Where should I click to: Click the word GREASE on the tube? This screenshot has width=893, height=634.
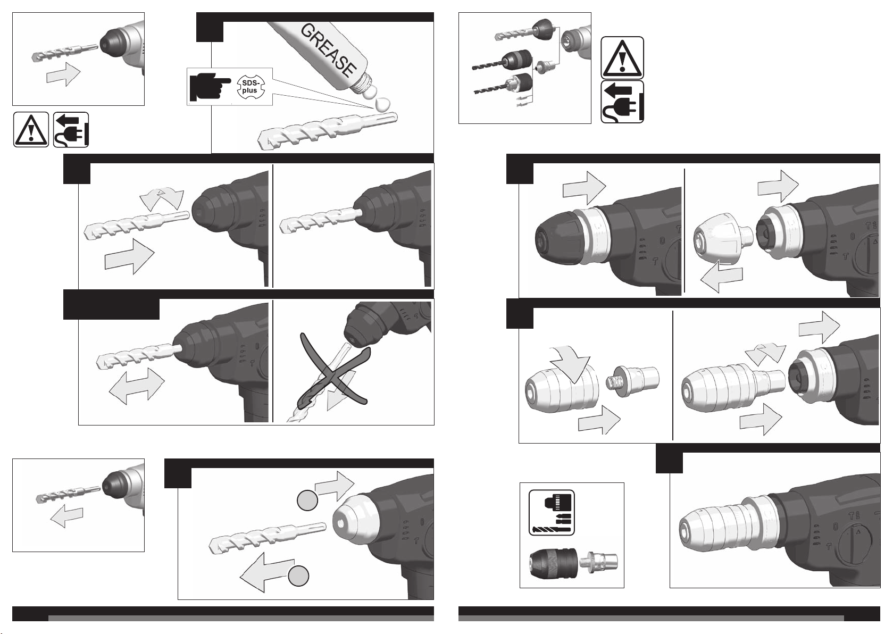[328, 50]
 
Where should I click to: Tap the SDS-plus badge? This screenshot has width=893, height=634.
[251, 87]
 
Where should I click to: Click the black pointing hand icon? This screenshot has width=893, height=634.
[210, 87]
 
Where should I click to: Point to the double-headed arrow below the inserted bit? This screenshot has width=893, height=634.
[137, 386]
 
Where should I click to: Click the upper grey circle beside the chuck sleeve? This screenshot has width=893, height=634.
[307, 500]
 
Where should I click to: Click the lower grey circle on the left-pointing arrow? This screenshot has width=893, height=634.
[298, 576]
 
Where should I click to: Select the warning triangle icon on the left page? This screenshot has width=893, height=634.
[31, 130]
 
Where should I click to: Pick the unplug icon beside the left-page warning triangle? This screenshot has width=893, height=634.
[71, 130]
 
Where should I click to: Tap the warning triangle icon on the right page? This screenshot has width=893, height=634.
[622, 58]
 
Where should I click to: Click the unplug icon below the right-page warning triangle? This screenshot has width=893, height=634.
[622, 102]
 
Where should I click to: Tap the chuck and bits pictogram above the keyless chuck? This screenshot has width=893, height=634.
[552, 513]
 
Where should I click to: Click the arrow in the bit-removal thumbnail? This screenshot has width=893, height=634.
[67, 518]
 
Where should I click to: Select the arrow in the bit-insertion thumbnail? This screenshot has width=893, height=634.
[63, 74]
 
